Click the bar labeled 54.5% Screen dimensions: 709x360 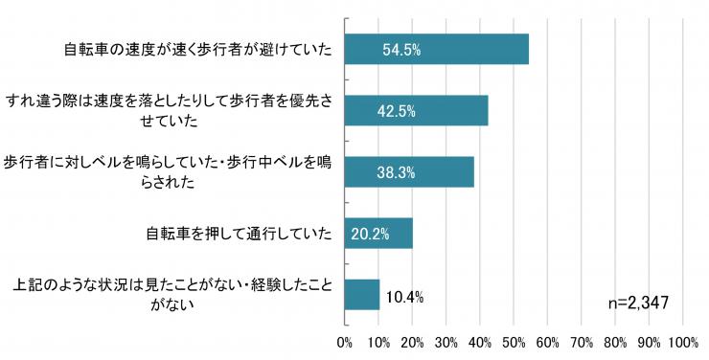point(437,49)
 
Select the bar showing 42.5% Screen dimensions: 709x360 point(417,110)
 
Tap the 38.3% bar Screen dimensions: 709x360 point(410,171)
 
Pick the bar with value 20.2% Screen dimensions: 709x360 point(378,233)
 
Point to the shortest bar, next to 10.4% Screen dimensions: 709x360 point(362,295)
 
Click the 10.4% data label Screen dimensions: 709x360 point(404,297)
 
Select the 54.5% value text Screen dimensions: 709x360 point(401,50)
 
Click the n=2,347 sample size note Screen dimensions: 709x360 point(638,303)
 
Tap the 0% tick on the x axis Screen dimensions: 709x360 point(345,343)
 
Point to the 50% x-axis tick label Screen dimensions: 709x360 point(514,343)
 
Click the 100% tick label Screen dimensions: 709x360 point(684,343)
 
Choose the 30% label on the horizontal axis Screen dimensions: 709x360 point(446,343)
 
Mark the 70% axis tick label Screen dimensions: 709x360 point(581,343)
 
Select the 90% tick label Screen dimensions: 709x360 point(649,343)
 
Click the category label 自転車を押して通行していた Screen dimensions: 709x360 point(239,234)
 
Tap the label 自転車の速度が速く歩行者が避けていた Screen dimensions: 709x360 point(198,50)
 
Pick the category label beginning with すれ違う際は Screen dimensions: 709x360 point(169,111)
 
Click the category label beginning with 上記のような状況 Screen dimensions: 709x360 point(172,295)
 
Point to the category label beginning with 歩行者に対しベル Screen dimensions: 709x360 point(168,172)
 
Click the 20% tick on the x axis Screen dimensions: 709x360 point(412,343)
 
